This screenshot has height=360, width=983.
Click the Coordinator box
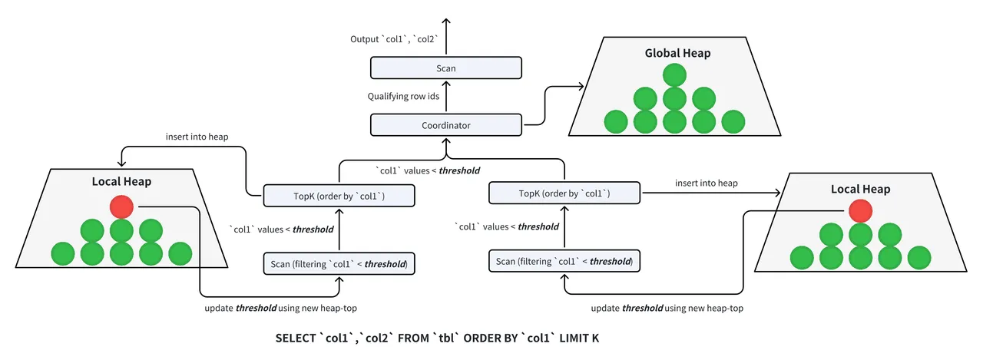pos(446,124)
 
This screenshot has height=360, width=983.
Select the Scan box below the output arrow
pos(446,68)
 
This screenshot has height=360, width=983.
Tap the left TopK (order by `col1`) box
pos(339,196)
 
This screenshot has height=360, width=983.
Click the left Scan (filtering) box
pos(339,264)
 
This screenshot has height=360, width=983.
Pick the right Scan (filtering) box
pos(564,261)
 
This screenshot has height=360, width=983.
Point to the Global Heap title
pos(677,53)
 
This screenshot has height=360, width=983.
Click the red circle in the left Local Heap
pos(121,206)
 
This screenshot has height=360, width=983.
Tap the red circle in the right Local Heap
pos(860,210)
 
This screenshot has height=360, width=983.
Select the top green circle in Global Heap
pos(674,74)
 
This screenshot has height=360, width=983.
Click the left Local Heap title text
pos(121,182)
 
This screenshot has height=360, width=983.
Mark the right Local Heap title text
pos(860,188)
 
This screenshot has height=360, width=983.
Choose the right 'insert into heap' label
pos(707,183)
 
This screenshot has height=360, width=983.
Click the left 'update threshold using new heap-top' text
pos(281,308)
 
